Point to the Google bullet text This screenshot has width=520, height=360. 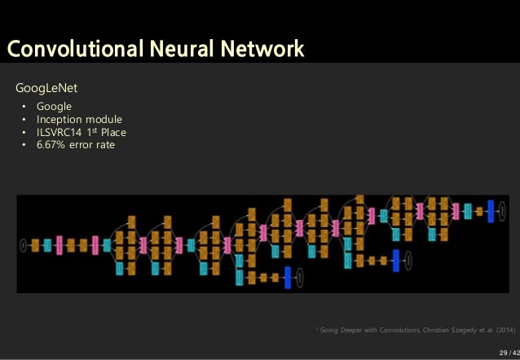pyautogui.click(x=55, y=107)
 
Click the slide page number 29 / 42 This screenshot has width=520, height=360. pyautogui.click(x=507, y=352)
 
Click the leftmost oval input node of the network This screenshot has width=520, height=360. pyautogui.click(x=23, y=244)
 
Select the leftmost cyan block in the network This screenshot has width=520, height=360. pyautogui.click(x=46, y=244)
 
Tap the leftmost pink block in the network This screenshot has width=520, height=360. pyautogui.click(x=59, y=244)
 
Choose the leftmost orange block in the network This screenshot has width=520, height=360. pyautogui.click(x=35, y=244)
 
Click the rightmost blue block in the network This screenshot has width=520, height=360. pyautogui.click(x=491, y=210)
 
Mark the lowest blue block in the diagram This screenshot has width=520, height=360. pyautogui.click(x=288, y=277)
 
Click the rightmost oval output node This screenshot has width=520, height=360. pyautogui.click(x=502, y=210)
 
